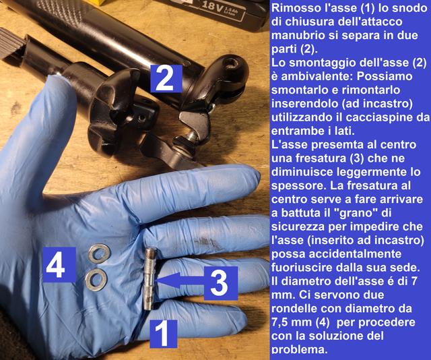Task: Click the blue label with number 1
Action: [x=164, y=334]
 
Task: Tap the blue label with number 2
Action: [x=166, y=78]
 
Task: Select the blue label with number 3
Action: [x=220, y=283]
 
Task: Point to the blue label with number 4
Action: [x=60, y=265]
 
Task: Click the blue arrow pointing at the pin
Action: [x=180, y=280]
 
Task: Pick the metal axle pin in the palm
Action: [x=150, y=278]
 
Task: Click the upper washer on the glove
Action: [x=99, y=252]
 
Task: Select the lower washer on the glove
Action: [x=96, y=280]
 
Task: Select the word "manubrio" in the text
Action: [x=298, y=36]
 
